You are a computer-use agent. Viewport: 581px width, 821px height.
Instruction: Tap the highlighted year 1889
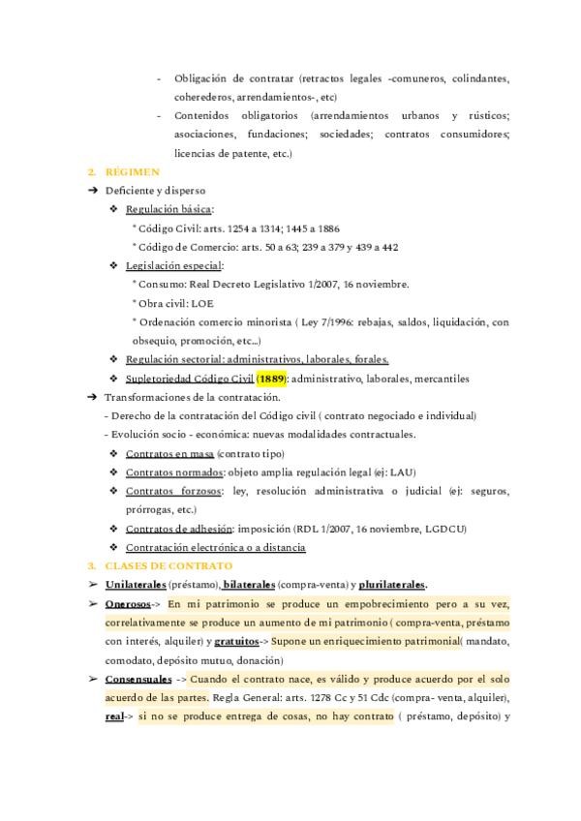point(270,379)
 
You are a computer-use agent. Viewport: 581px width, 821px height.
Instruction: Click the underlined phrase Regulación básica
point(168,209)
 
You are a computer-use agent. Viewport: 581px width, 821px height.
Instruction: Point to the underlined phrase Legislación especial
point(173,265)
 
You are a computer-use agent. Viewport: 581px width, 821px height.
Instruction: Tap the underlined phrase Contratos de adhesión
point(178,529)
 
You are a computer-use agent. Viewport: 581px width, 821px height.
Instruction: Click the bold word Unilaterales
point(135,585)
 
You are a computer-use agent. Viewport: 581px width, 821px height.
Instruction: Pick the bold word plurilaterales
point(392,585)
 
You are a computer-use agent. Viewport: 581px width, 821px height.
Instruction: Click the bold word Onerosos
point(127,604)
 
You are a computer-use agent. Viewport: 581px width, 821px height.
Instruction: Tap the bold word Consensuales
point(138,680)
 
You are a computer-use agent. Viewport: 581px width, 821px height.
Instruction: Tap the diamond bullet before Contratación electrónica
point(114,547)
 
